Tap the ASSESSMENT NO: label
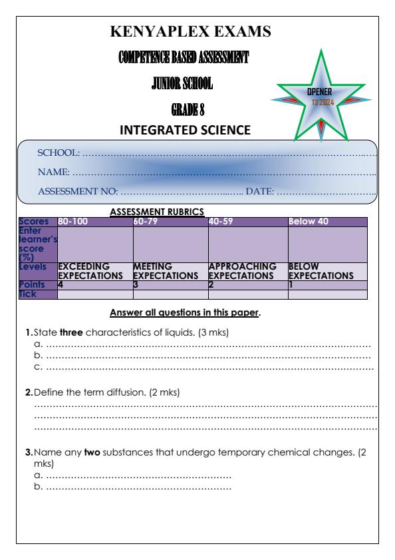tap(78, 192)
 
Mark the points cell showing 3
tap(170, 284)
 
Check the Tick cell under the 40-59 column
tap(247, 294)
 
